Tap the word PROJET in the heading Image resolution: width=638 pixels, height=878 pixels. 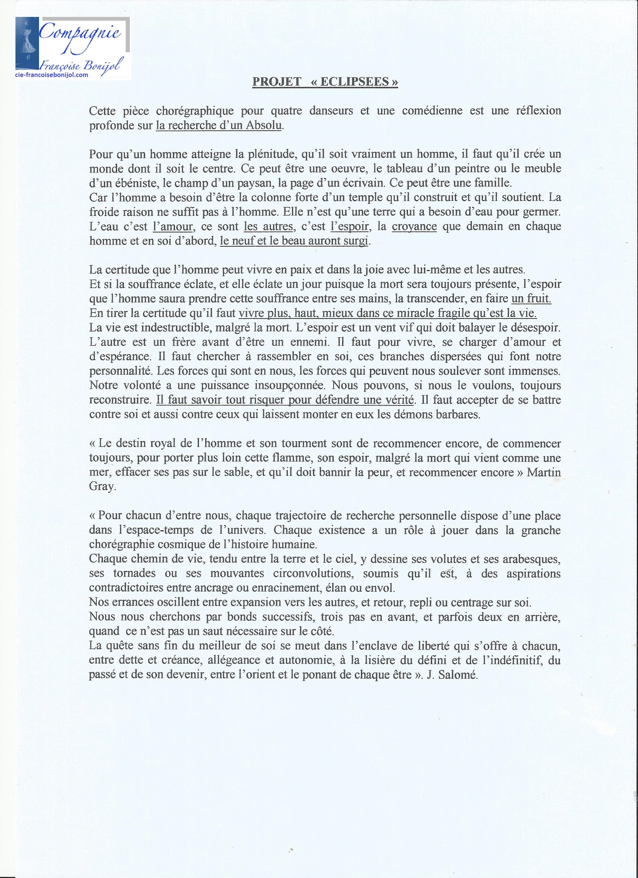[x=276, y=82]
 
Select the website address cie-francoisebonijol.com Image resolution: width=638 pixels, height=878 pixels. [x=52, y=75]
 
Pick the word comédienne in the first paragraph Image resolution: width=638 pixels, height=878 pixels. [x=432, y=111]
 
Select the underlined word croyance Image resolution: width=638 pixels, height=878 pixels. [x=414, y=226]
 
